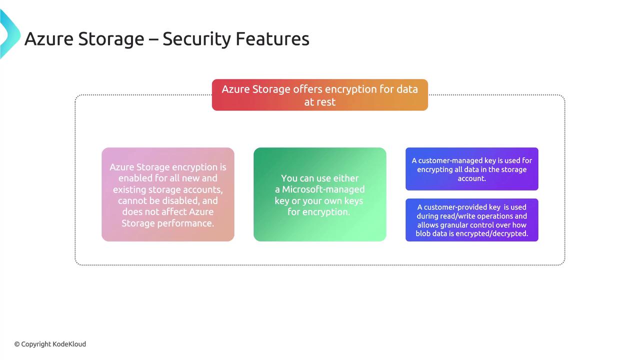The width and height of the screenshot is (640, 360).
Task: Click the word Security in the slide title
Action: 196,39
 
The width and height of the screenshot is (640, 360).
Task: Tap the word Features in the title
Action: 272,39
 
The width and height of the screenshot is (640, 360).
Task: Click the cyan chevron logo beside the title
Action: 10,33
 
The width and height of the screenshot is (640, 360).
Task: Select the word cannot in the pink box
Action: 132,201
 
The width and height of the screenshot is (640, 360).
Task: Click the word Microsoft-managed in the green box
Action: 323,189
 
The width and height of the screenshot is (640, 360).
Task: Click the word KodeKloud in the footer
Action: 69,344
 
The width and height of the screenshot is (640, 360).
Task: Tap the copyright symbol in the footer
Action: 17,344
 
